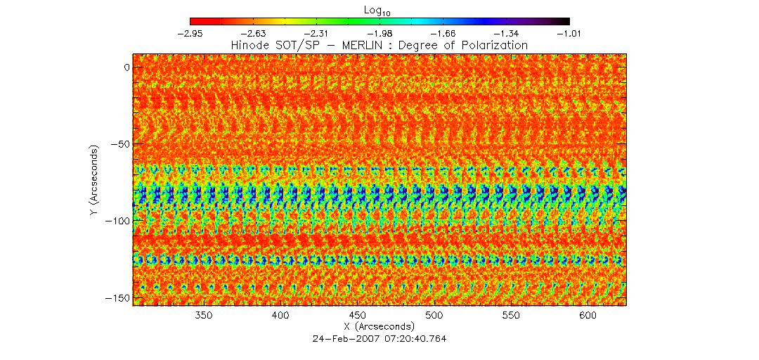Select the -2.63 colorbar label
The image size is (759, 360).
click(254, 32)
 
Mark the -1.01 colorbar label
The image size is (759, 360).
click(568, 32)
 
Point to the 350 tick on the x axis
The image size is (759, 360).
click(204, 316)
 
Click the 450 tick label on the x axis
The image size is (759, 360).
click(358, 316)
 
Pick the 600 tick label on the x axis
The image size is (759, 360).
click(589, 316)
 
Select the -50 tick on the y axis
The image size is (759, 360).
click(117, 144)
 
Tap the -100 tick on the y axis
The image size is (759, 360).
click(114, 221)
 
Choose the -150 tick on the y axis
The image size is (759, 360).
click(114, 298)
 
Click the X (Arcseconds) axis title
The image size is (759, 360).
click(380, 327)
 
